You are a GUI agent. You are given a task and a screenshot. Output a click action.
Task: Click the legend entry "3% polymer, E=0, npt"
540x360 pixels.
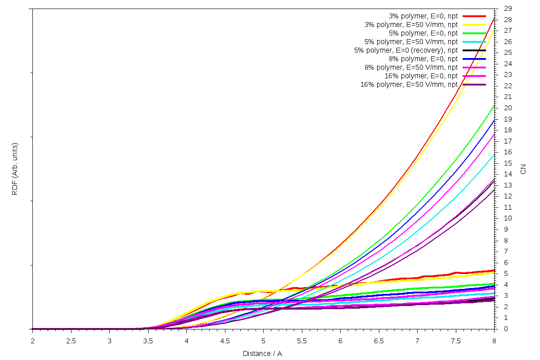point(423,16)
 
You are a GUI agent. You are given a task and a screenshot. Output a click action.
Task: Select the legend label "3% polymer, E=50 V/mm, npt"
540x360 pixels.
point(411,24)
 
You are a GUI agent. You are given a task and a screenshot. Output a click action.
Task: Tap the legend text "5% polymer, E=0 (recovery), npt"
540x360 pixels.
point(406,50)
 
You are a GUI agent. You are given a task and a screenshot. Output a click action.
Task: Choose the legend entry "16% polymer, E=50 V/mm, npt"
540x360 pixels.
point(409,84)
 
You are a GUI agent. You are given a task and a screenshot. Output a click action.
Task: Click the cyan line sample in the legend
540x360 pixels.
point(474,41)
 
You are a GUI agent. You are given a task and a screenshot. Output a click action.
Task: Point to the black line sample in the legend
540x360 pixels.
point(474,50)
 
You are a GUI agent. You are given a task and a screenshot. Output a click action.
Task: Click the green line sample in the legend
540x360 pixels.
point(474,33)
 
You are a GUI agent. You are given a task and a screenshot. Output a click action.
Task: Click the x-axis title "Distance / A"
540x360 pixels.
point(262,353)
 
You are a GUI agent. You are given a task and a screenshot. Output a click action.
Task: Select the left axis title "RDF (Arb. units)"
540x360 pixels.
point(15,169)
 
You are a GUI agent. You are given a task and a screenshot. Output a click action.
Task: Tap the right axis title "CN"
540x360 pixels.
point(523,169)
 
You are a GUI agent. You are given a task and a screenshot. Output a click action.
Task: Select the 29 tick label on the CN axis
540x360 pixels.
point(508,9)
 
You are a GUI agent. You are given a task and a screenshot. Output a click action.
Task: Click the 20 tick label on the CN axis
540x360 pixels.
point(508,108)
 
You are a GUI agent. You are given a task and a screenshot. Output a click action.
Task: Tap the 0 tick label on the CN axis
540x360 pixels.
point(506,329)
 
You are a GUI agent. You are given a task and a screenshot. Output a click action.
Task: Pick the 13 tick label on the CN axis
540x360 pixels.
point(508,185)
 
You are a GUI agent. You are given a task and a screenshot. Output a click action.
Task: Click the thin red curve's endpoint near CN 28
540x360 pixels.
point(494,18)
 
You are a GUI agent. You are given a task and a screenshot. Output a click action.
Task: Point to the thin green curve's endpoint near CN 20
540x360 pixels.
point(494,106)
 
